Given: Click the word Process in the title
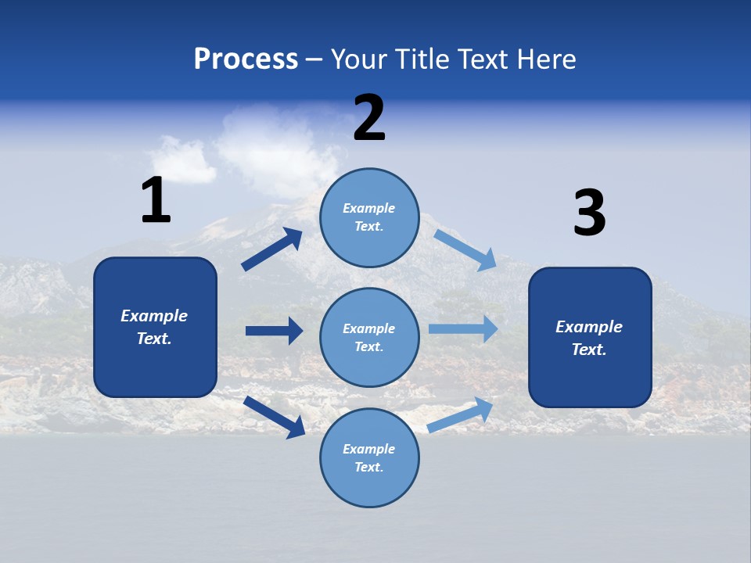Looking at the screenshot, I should (x=246, y=59).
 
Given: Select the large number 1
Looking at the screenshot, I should (x=156, y=200).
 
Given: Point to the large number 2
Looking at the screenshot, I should (x=369, y=118).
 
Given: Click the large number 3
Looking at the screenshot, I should (x=589, y=213).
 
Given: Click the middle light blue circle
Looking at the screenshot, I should (x=369, y=337).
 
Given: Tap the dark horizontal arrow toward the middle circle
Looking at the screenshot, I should (x=275, y=331).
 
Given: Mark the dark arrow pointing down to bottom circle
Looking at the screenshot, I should (x=275, y=417).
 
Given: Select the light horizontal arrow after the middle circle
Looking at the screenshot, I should (x=463, y=328).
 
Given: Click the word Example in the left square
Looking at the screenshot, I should (x=154, y=316).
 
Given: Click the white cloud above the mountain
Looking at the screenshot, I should (x=270, y=149).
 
